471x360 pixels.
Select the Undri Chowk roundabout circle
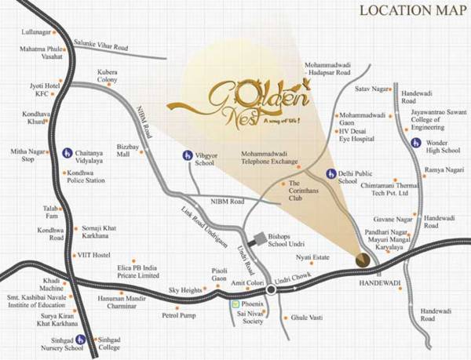[271, 289]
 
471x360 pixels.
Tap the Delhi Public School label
[360, 175]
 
